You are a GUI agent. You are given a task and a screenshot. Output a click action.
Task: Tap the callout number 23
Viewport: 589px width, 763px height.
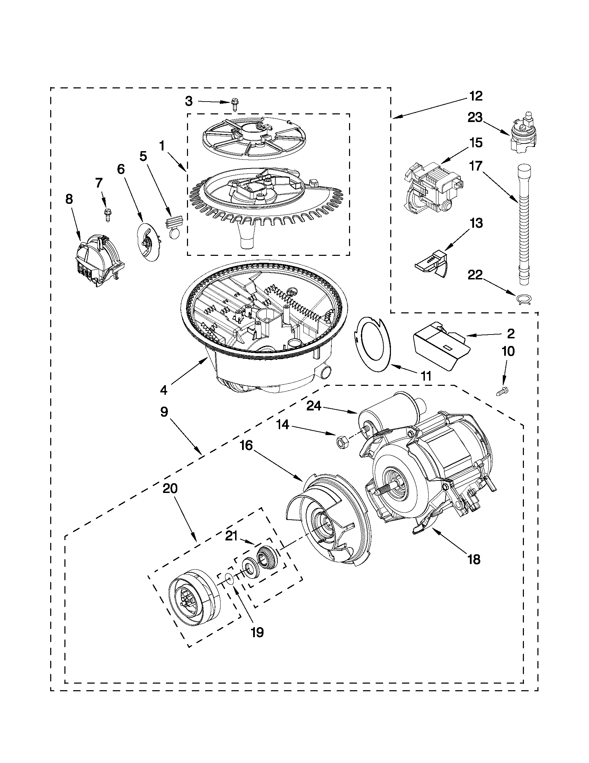(x=475, y=118)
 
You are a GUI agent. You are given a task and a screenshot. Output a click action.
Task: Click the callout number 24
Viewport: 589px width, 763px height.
(x=314, y=406)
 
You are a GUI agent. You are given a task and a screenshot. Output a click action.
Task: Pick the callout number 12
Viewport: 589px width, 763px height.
(x=475, y=96)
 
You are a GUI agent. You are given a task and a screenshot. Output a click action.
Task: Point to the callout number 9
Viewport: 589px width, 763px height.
(x=164, y=412)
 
